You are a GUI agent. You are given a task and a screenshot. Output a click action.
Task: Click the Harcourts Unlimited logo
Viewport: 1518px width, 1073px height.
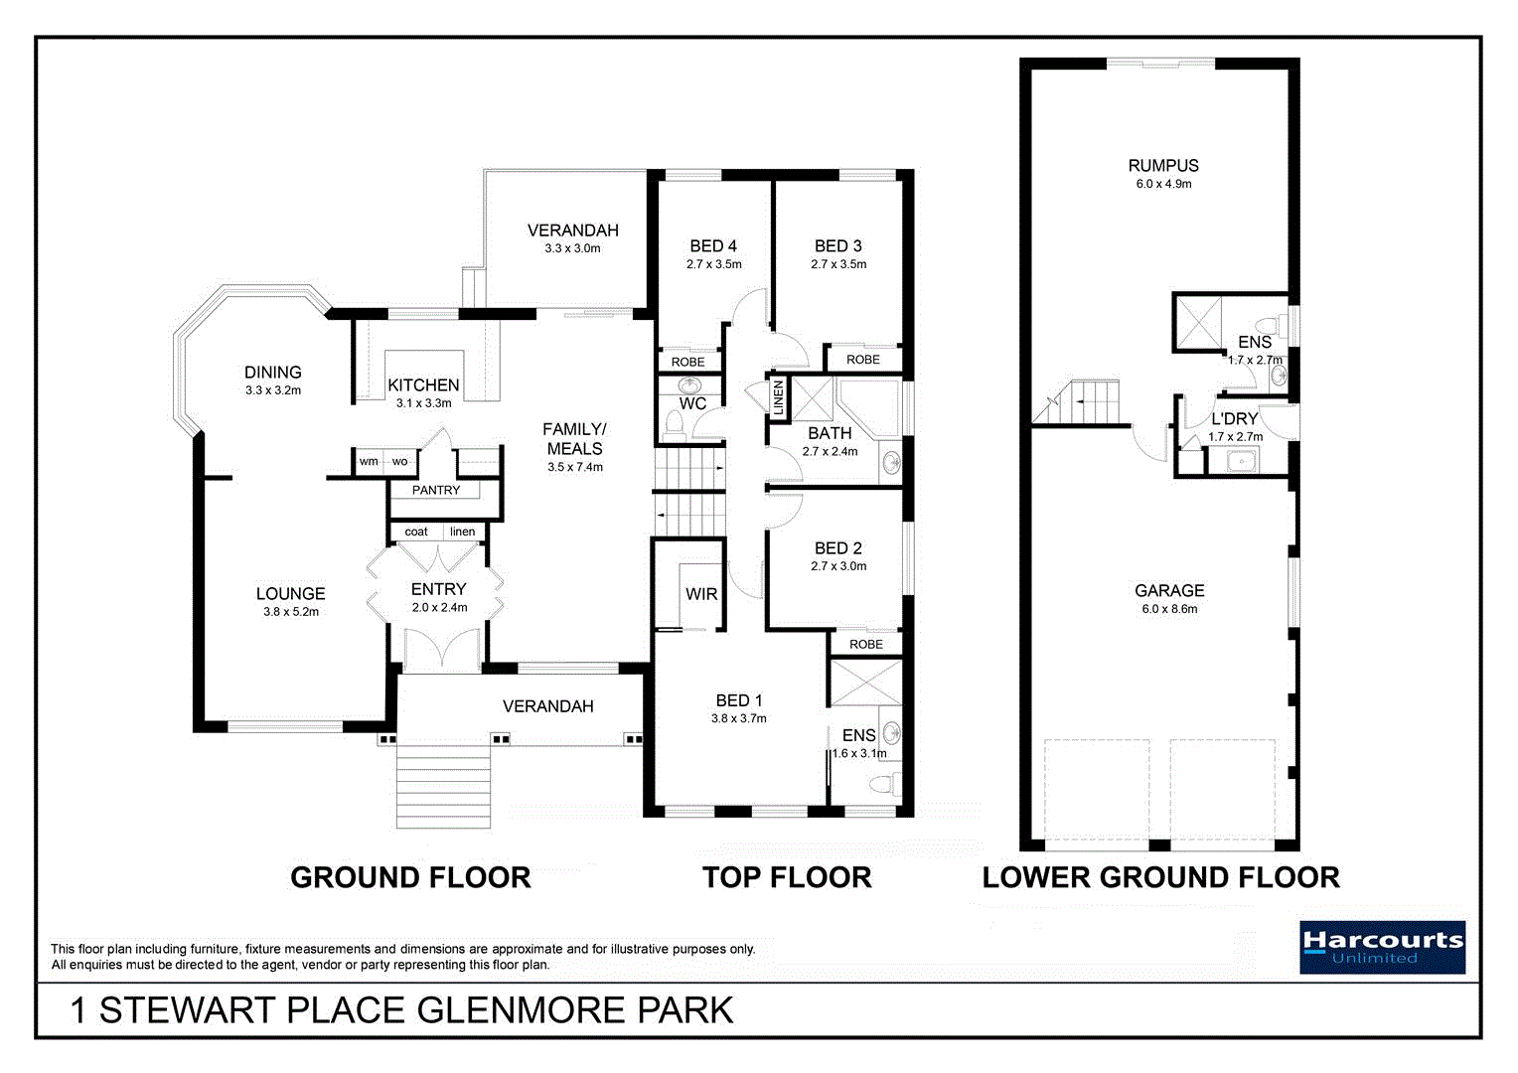coord(1382,947)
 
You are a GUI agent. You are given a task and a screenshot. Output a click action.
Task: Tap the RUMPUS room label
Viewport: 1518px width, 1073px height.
coord(1163,166)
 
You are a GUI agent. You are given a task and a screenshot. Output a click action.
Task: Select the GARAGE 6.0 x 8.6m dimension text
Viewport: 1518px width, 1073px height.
coord(1169,609)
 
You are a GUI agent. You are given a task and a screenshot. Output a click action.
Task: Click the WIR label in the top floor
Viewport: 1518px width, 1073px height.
coord(701,594)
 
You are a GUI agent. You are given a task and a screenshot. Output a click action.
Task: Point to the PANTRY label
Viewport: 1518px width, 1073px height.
coord(436,490)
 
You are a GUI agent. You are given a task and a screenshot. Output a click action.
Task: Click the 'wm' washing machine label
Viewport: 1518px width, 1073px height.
coord(369,461)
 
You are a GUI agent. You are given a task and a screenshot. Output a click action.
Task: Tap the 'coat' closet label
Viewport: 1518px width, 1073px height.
coord(416,532)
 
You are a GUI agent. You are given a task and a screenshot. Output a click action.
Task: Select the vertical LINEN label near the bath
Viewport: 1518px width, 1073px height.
coord(779,397)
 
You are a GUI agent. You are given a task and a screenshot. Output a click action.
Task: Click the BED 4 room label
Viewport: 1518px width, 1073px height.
coord(713,246)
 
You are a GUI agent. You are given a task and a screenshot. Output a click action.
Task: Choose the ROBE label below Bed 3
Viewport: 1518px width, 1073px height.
coord(863,360)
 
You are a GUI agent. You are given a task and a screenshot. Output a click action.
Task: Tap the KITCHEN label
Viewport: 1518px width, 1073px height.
coord(423,385)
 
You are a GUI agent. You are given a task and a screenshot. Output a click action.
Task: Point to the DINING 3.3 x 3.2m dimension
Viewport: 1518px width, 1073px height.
coord(273,390)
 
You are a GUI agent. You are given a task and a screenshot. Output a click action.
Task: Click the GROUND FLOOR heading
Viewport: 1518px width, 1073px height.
coord(410,877)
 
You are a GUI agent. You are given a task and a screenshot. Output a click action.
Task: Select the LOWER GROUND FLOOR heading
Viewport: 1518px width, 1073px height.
coord(1160,877)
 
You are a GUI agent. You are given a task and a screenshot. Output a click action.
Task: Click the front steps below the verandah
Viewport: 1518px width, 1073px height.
coord(443,787)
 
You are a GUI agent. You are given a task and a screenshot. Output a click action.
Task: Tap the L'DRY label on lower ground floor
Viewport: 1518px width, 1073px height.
coord(1234,419)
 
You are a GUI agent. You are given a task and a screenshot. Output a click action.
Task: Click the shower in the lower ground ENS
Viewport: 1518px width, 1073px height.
coord(1197,322)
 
